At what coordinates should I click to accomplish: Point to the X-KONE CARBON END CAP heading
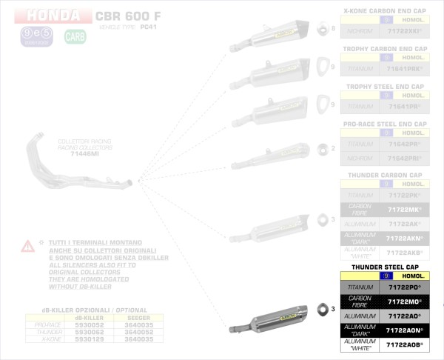pyautogui.click(x=385, y=12)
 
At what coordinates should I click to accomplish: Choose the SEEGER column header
pyautogui.click(x=138, y=318)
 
